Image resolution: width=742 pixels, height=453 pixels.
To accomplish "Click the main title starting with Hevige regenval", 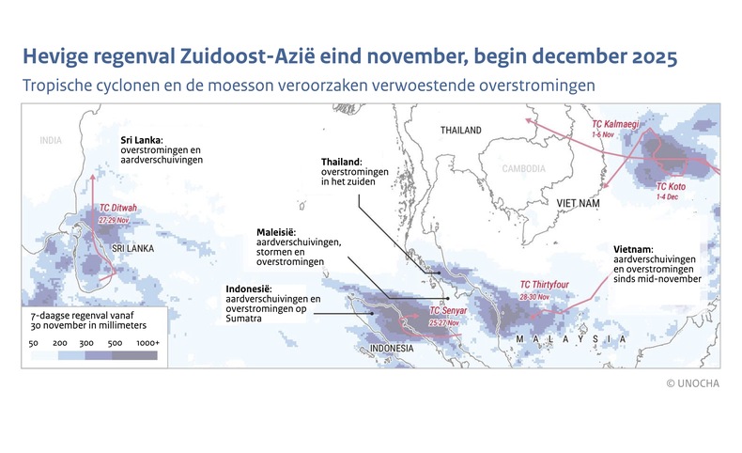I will click(x=348, y=56).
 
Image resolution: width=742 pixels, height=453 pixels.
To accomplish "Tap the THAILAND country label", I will click(x=460, y=131).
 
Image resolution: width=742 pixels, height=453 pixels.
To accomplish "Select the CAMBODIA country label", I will click(x=521, y=169).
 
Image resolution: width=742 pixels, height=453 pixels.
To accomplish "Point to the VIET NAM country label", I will click(x=578, y=203).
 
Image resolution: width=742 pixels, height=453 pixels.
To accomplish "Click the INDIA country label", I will click(x=50, y=140).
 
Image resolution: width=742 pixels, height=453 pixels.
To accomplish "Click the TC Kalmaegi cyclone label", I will click(x=617, y=125).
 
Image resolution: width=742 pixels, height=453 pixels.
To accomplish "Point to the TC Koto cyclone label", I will click(x=671, y=187).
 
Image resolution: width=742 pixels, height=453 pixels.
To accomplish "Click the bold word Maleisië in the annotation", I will click(x=278, y=232).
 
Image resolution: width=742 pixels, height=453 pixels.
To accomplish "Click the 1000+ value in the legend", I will click(x=146, y=345).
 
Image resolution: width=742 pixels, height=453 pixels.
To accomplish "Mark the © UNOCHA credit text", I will click(x=693, y=383).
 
